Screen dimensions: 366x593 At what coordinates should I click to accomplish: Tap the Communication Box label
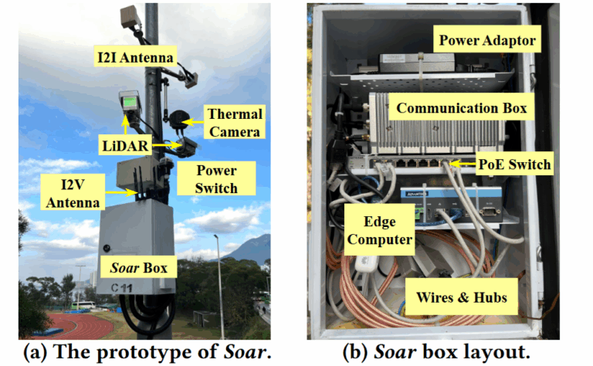(x=461, y=108)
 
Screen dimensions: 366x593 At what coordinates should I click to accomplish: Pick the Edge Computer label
(x=378, y=230)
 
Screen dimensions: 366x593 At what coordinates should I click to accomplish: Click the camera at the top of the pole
(x=130, y=15)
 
